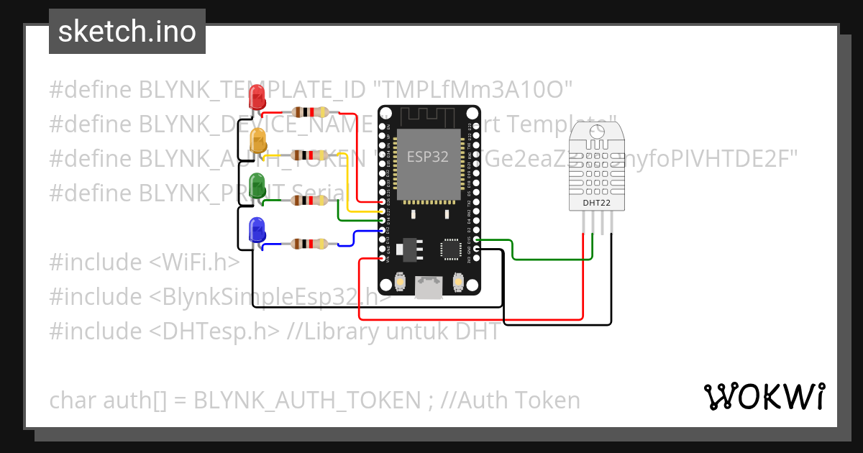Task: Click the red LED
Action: tap(257, 97)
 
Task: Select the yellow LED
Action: tap(257, 140)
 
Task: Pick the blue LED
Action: tap(257, 230)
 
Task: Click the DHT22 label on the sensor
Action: tap(596, 203)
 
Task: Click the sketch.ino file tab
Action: tap(127, 32)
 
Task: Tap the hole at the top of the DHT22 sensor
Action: tap(596, 131)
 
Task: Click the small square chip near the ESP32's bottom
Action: tap(451, 248)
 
